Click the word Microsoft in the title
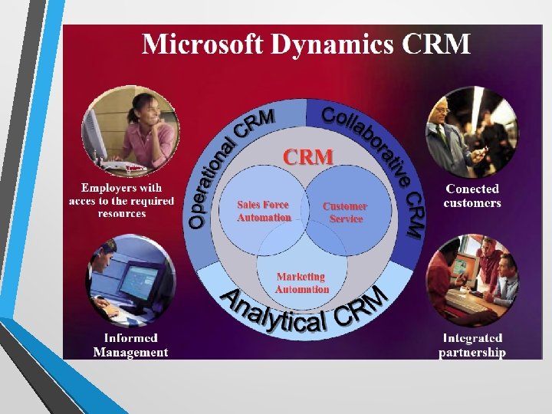click(197, 44)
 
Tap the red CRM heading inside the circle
click(309, 156)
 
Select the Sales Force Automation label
click(264, 211)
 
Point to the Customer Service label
click(345, 212)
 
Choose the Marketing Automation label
click(302, 283)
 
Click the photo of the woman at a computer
click(131, 130)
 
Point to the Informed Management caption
click(130, 345)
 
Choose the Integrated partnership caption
click(472, 345)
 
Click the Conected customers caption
click(472, 195)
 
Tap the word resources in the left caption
click(122, 213)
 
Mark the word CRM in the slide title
click(436, 44)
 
